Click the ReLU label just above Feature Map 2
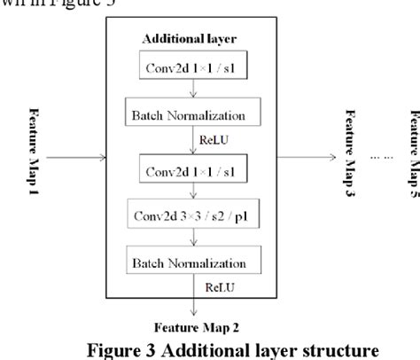(x=220, y=288)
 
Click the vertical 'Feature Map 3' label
(x=351, y=165)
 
